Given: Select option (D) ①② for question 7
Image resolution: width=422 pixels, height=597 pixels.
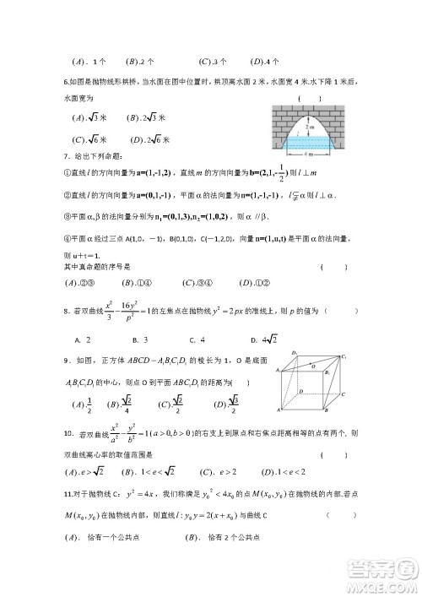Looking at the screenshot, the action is pyautogui.click(x=257, y=282).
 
